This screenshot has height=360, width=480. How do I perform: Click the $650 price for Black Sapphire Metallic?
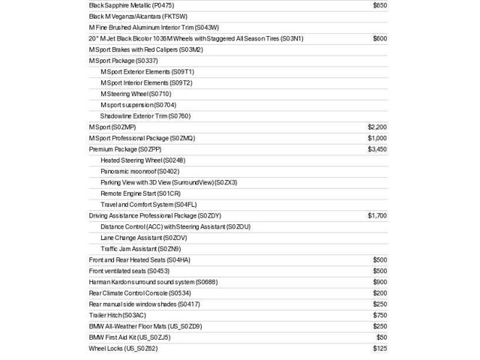coord(379,5)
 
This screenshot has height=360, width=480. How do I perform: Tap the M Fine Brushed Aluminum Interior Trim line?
coord(154,27)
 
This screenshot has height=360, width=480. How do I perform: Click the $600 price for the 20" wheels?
coord(379,38)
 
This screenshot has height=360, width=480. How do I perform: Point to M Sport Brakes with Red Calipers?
coord(145,49)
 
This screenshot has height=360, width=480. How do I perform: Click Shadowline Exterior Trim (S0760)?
coord(145,116)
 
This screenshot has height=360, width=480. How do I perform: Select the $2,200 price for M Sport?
coord(377,127)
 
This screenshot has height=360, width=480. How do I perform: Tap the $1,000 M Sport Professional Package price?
coord(377,138)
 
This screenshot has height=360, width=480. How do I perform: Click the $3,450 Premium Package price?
coord(377,149)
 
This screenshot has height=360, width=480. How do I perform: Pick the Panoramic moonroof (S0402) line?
coord(140,171)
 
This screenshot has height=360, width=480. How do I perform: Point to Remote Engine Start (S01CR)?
coord(140,193)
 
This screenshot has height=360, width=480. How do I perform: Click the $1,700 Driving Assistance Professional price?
coord(377,215)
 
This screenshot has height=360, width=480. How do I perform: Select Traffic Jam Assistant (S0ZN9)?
coord(140,248)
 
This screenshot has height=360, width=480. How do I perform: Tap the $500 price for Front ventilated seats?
coord(379,271)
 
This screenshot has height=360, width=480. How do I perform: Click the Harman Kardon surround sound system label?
coord(153,282)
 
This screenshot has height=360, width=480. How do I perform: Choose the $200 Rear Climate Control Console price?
coord(379,292)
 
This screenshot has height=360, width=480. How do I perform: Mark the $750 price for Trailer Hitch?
coord(379,315)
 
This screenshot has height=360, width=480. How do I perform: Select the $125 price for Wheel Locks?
coord(379,348)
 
